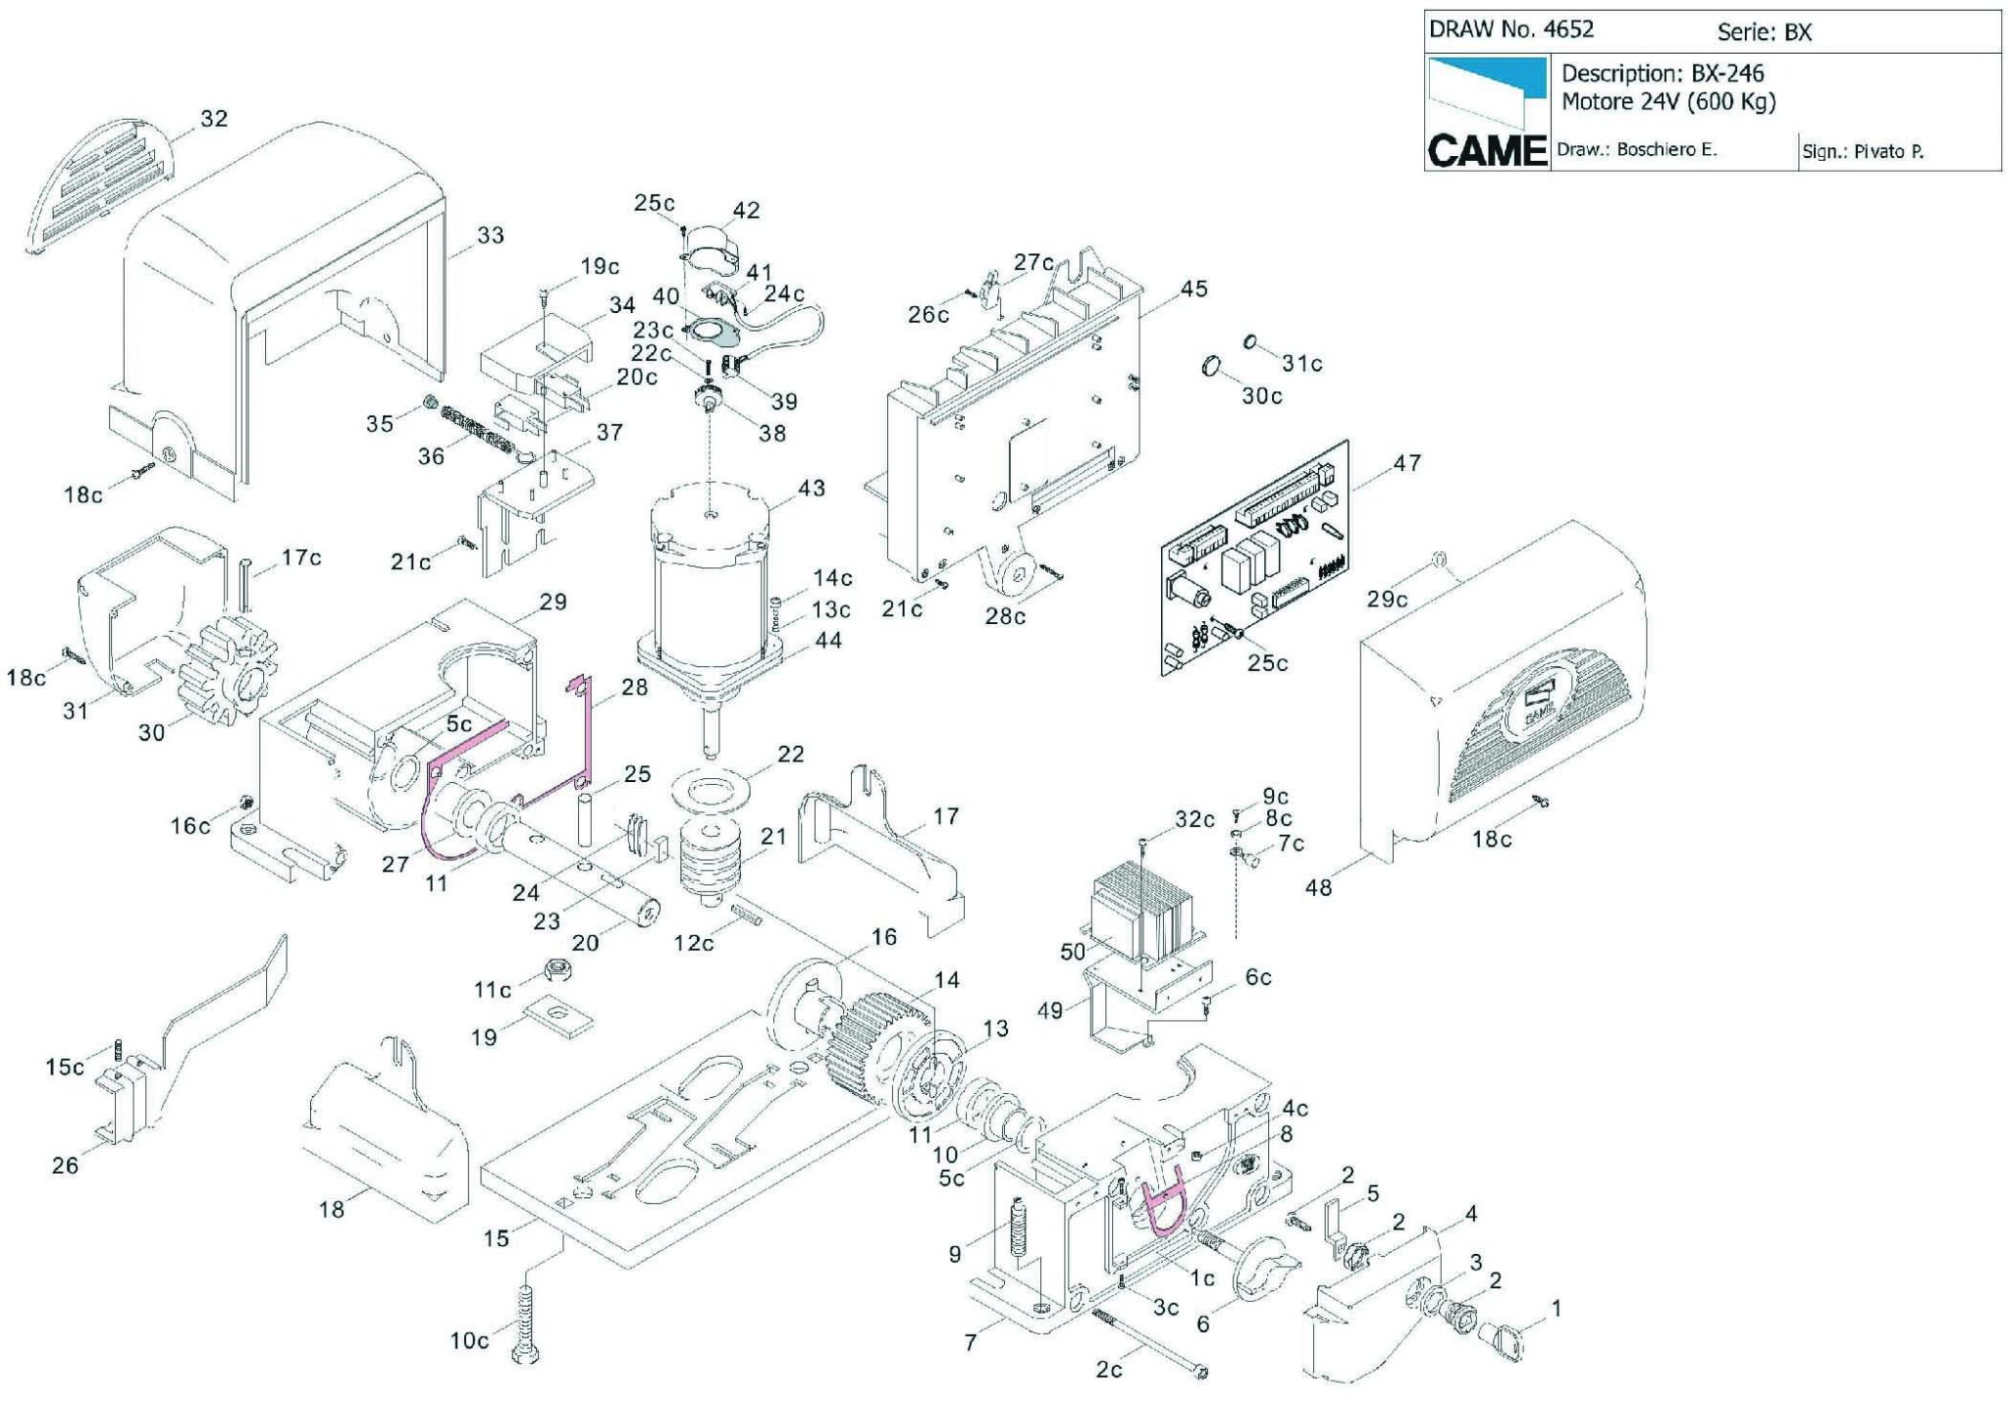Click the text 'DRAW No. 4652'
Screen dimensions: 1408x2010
point(1510,29)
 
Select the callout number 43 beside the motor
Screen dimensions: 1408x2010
point(812,488)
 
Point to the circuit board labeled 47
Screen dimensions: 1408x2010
point(1255,557)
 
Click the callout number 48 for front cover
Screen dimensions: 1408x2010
point(1319,887)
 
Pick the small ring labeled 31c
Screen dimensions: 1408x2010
point(1250,342)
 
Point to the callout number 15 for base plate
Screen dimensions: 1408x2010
point(497,1238)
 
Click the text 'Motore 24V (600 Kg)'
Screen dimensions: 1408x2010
point(1668,101)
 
